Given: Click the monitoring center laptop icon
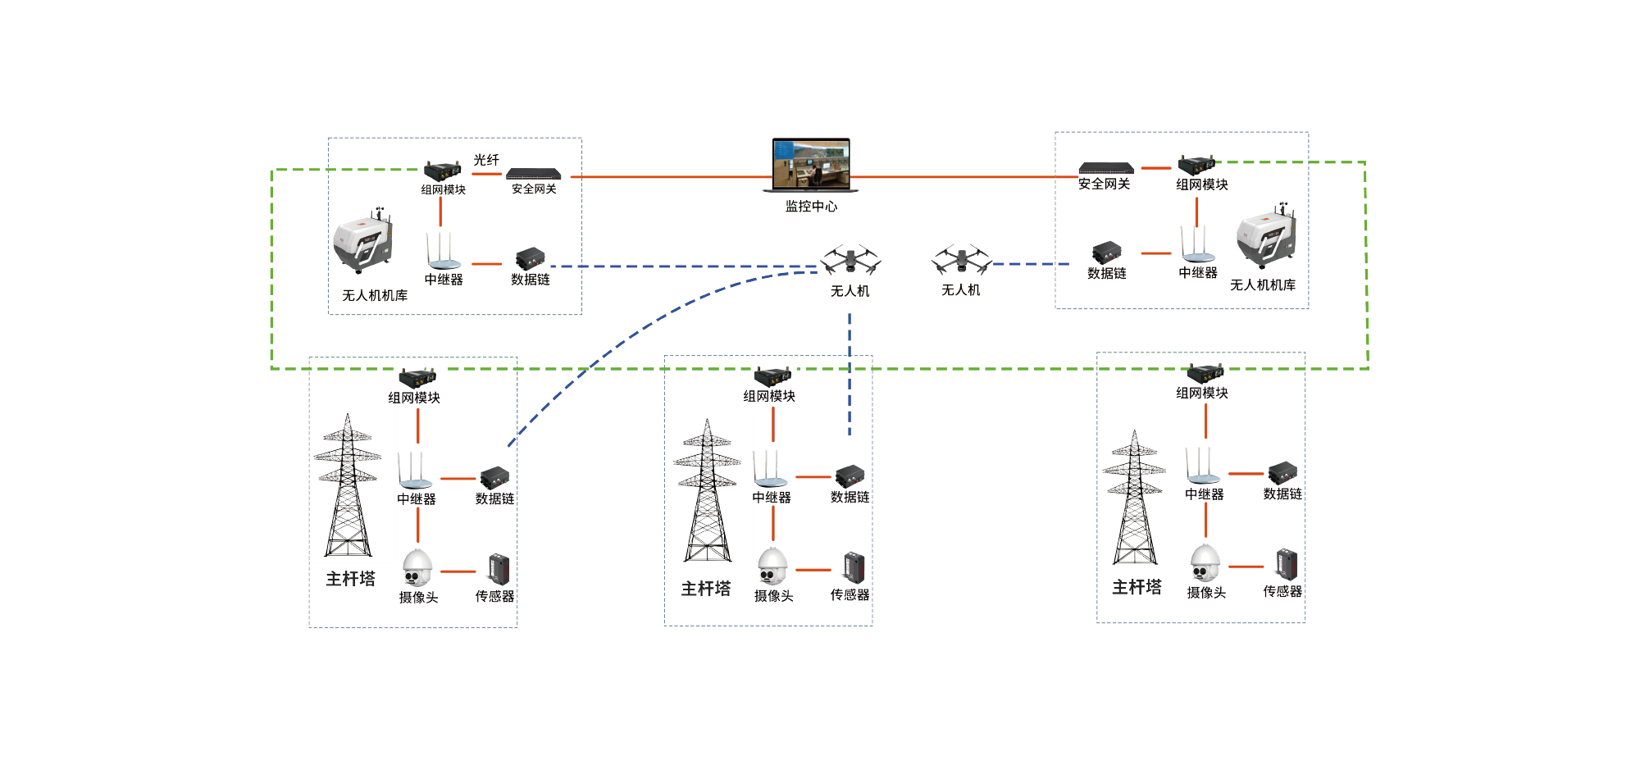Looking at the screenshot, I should [810, 165].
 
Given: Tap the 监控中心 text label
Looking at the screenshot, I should [811, 207].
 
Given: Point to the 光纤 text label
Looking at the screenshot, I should [486, 160].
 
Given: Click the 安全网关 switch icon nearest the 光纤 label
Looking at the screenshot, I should [534, 174].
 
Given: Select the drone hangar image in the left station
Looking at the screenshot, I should [363, 243].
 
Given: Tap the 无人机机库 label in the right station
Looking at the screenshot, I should [1263, 285].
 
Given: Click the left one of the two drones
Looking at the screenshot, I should [850, 260].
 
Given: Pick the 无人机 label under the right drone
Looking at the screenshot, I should [960, 290].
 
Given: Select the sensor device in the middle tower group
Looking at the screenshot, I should [854, 567].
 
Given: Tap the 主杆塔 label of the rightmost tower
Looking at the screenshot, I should [1137, 587].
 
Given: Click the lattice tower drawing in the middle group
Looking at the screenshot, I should [707, 491].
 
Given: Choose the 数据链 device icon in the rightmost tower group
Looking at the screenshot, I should [1282, 473].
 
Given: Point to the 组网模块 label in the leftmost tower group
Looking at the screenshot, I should [414, 398].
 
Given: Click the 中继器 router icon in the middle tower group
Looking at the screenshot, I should [770, 470].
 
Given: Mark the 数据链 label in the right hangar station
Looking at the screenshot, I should [1106, 274].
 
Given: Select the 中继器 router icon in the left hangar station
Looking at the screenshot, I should [443, 252].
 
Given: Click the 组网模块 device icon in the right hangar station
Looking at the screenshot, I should [1196, 165].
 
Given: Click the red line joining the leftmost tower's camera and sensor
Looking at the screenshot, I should [458, 571].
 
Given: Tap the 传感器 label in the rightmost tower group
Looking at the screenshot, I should [1282, 591].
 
